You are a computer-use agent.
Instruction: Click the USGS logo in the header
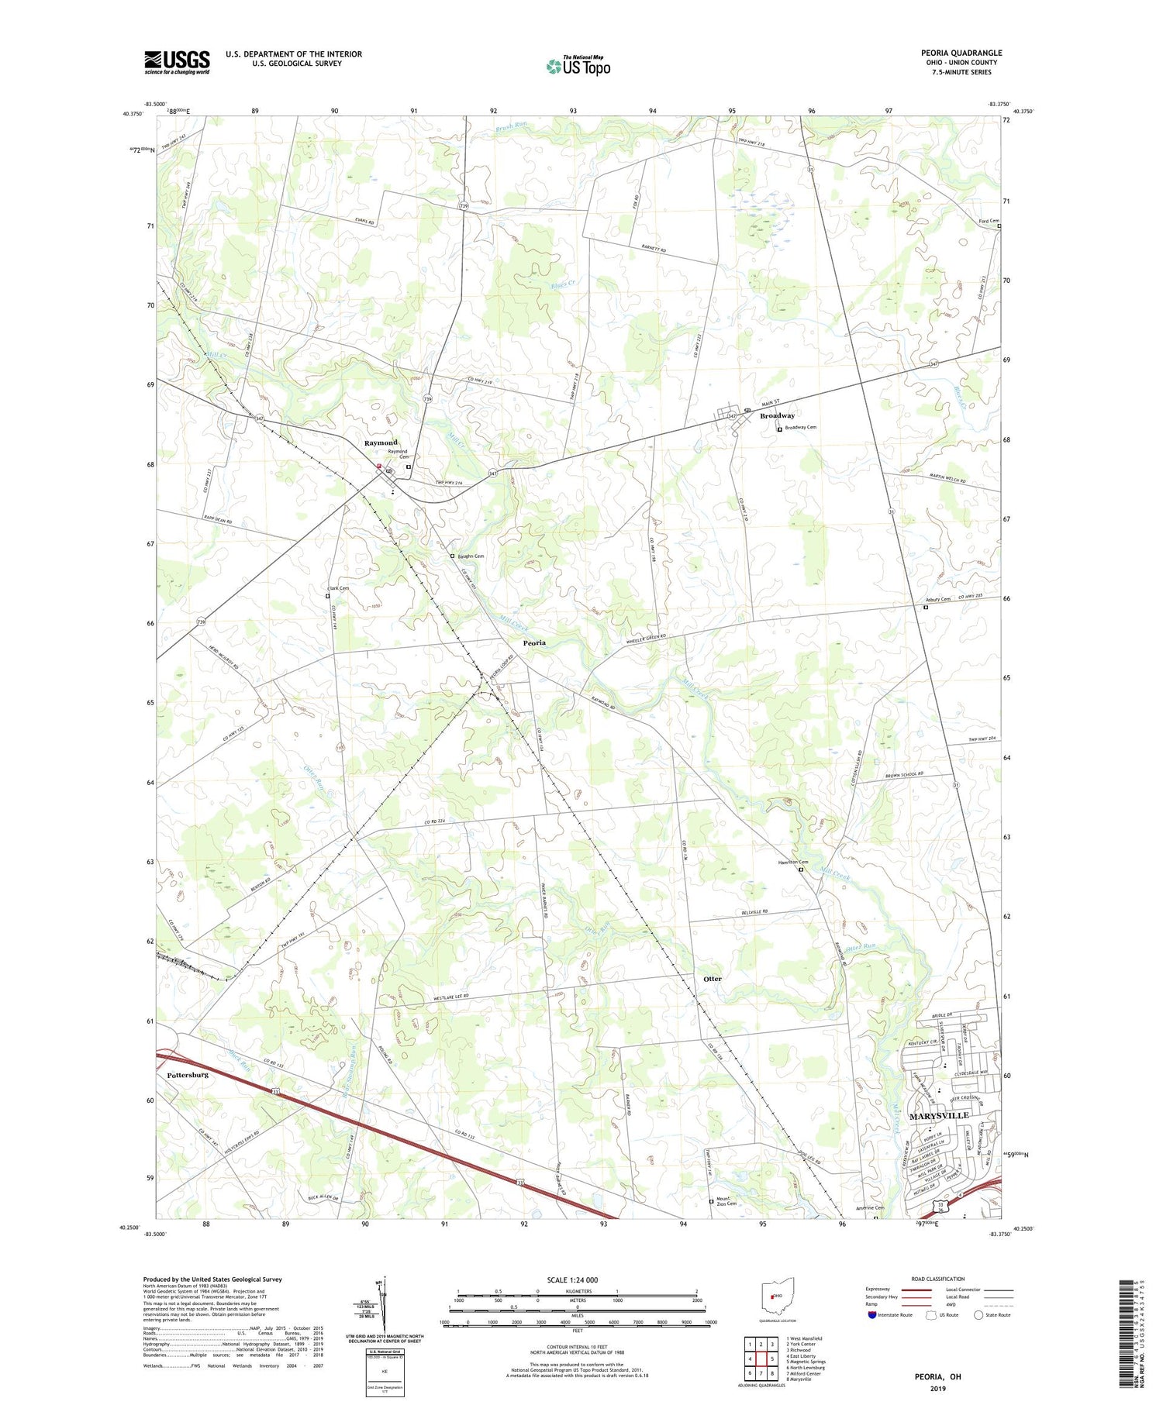(x=177, y=62)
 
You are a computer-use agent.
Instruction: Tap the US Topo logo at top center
(x=578, y=67)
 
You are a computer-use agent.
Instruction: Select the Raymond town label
(x=381, y=443)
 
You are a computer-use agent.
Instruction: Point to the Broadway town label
(x=777, y=416)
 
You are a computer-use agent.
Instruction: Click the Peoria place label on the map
(x=533, y=642)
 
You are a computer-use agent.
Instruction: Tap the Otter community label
(x=712, y=979)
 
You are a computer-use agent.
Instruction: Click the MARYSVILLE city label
(x=938, y=1115)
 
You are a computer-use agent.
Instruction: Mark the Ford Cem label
(x=989, y=221)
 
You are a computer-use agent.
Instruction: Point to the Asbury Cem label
(x=937, y=599)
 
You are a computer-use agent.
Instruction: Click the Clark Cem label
(x=338, y=588)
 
